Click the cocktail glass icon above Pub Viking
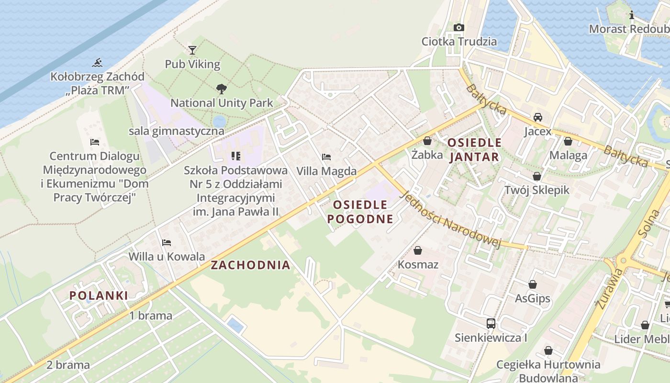(192, 50)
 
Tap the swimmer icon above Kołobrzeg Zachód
(98, 62)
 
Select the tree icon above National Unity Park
(221, 89)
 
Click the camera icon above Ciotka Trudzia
(459, 27)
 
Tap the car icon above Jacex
(538, 117)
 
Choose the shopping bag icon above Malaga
(568, 141)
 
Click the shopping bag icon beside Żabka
(427, 141)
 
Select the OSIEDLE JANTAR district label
(474, 149)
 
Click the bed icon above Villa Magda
(326, 157)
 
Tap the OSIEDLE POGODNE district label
(363, 212)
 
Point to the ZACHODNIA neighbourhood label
(251, 265)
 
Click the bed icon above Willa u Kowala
(167, 242)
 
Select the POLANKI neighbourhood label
(99, 295)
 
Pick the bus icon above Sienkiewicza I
(491, 323)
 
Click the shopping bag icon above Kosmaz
(418, 250)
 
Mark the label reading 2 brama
(68, 365)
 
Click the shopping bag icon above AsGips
(533, 285)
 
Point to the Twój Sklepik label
(537, 190)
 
